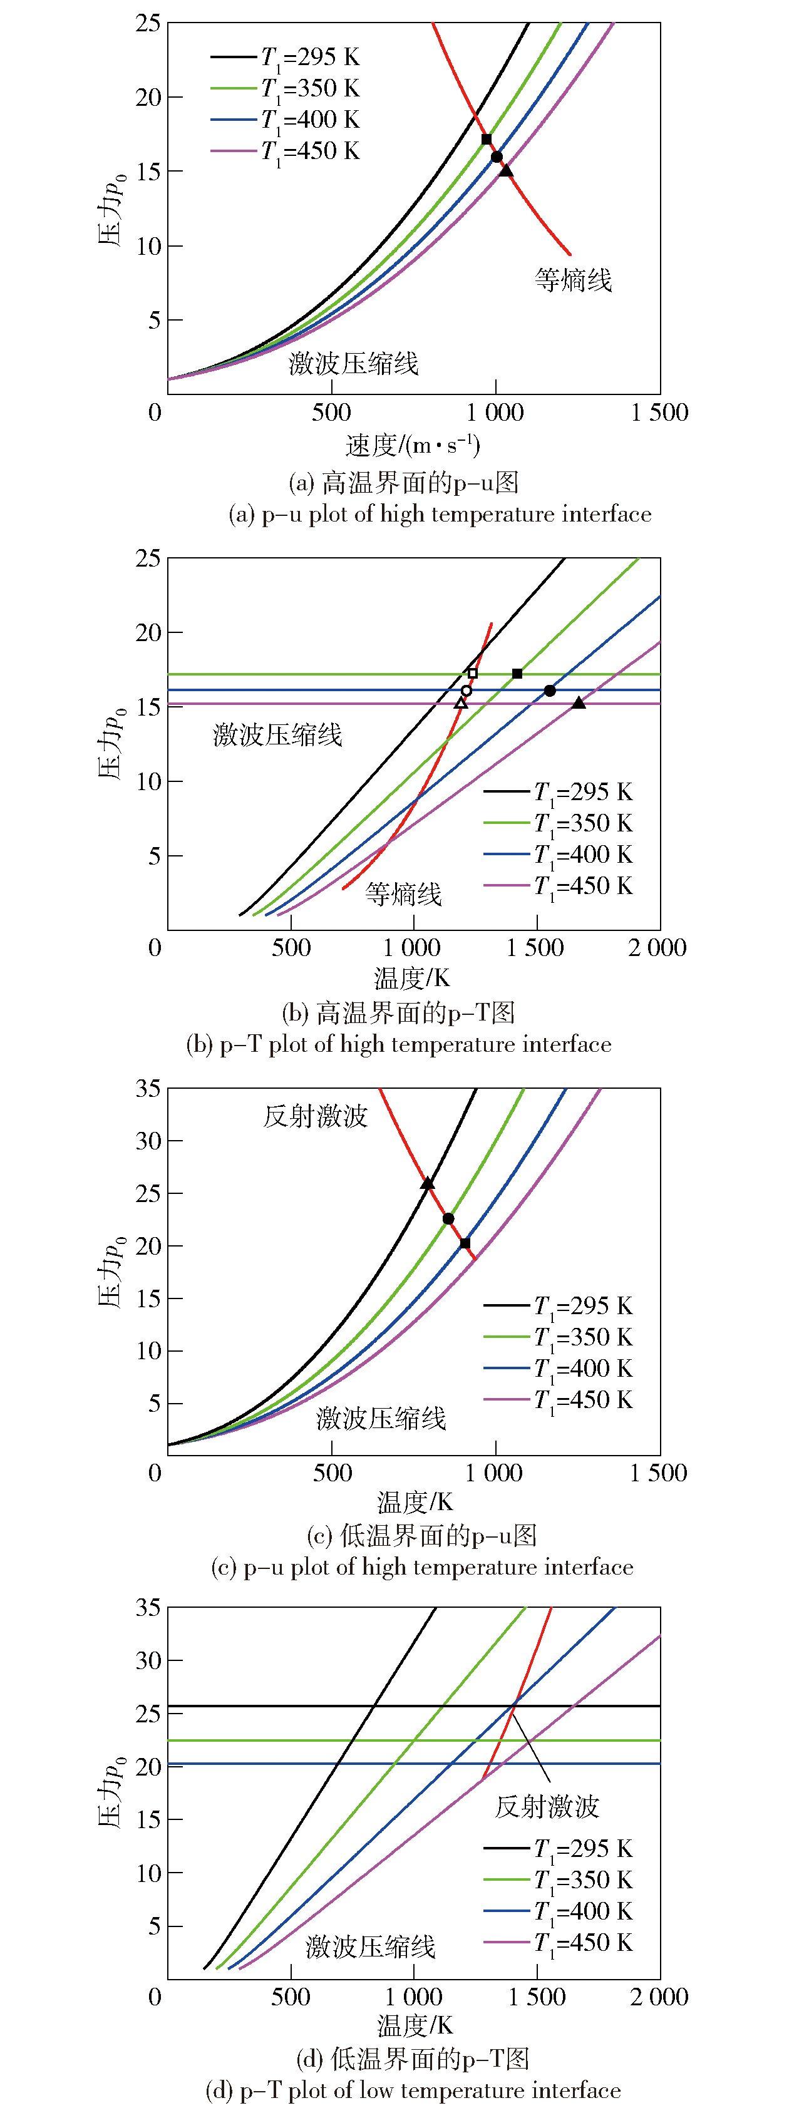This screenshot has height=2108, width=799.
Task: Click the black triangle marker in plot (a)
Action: tap(506, 170)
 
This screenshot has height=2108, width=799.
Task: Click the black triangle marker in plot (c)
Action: tap(427, 1183)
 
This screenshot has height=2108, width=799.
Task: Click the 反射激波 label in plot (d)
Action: tap(547, 1806)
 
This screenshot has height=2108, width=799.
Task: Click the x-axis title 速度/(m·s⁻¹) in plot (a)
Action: tap(413, 445)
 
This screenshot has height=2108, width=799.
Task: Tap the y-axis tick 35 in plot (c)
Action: tap(148, 1089)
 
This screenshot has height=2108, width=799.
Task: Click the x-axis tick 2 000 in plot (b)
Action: tap(657, 948)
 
